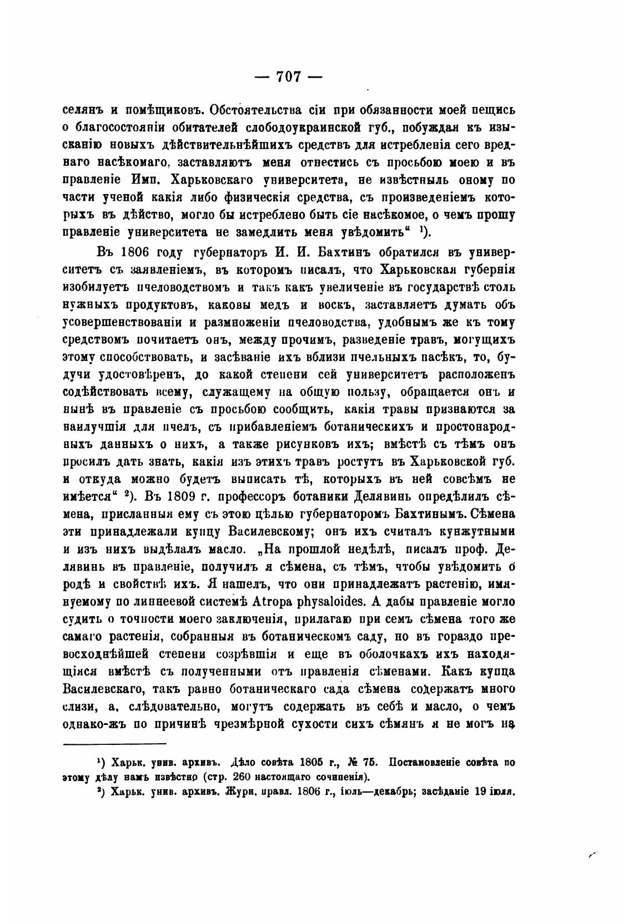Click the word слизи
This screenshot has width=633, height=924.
coord(76,708)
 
